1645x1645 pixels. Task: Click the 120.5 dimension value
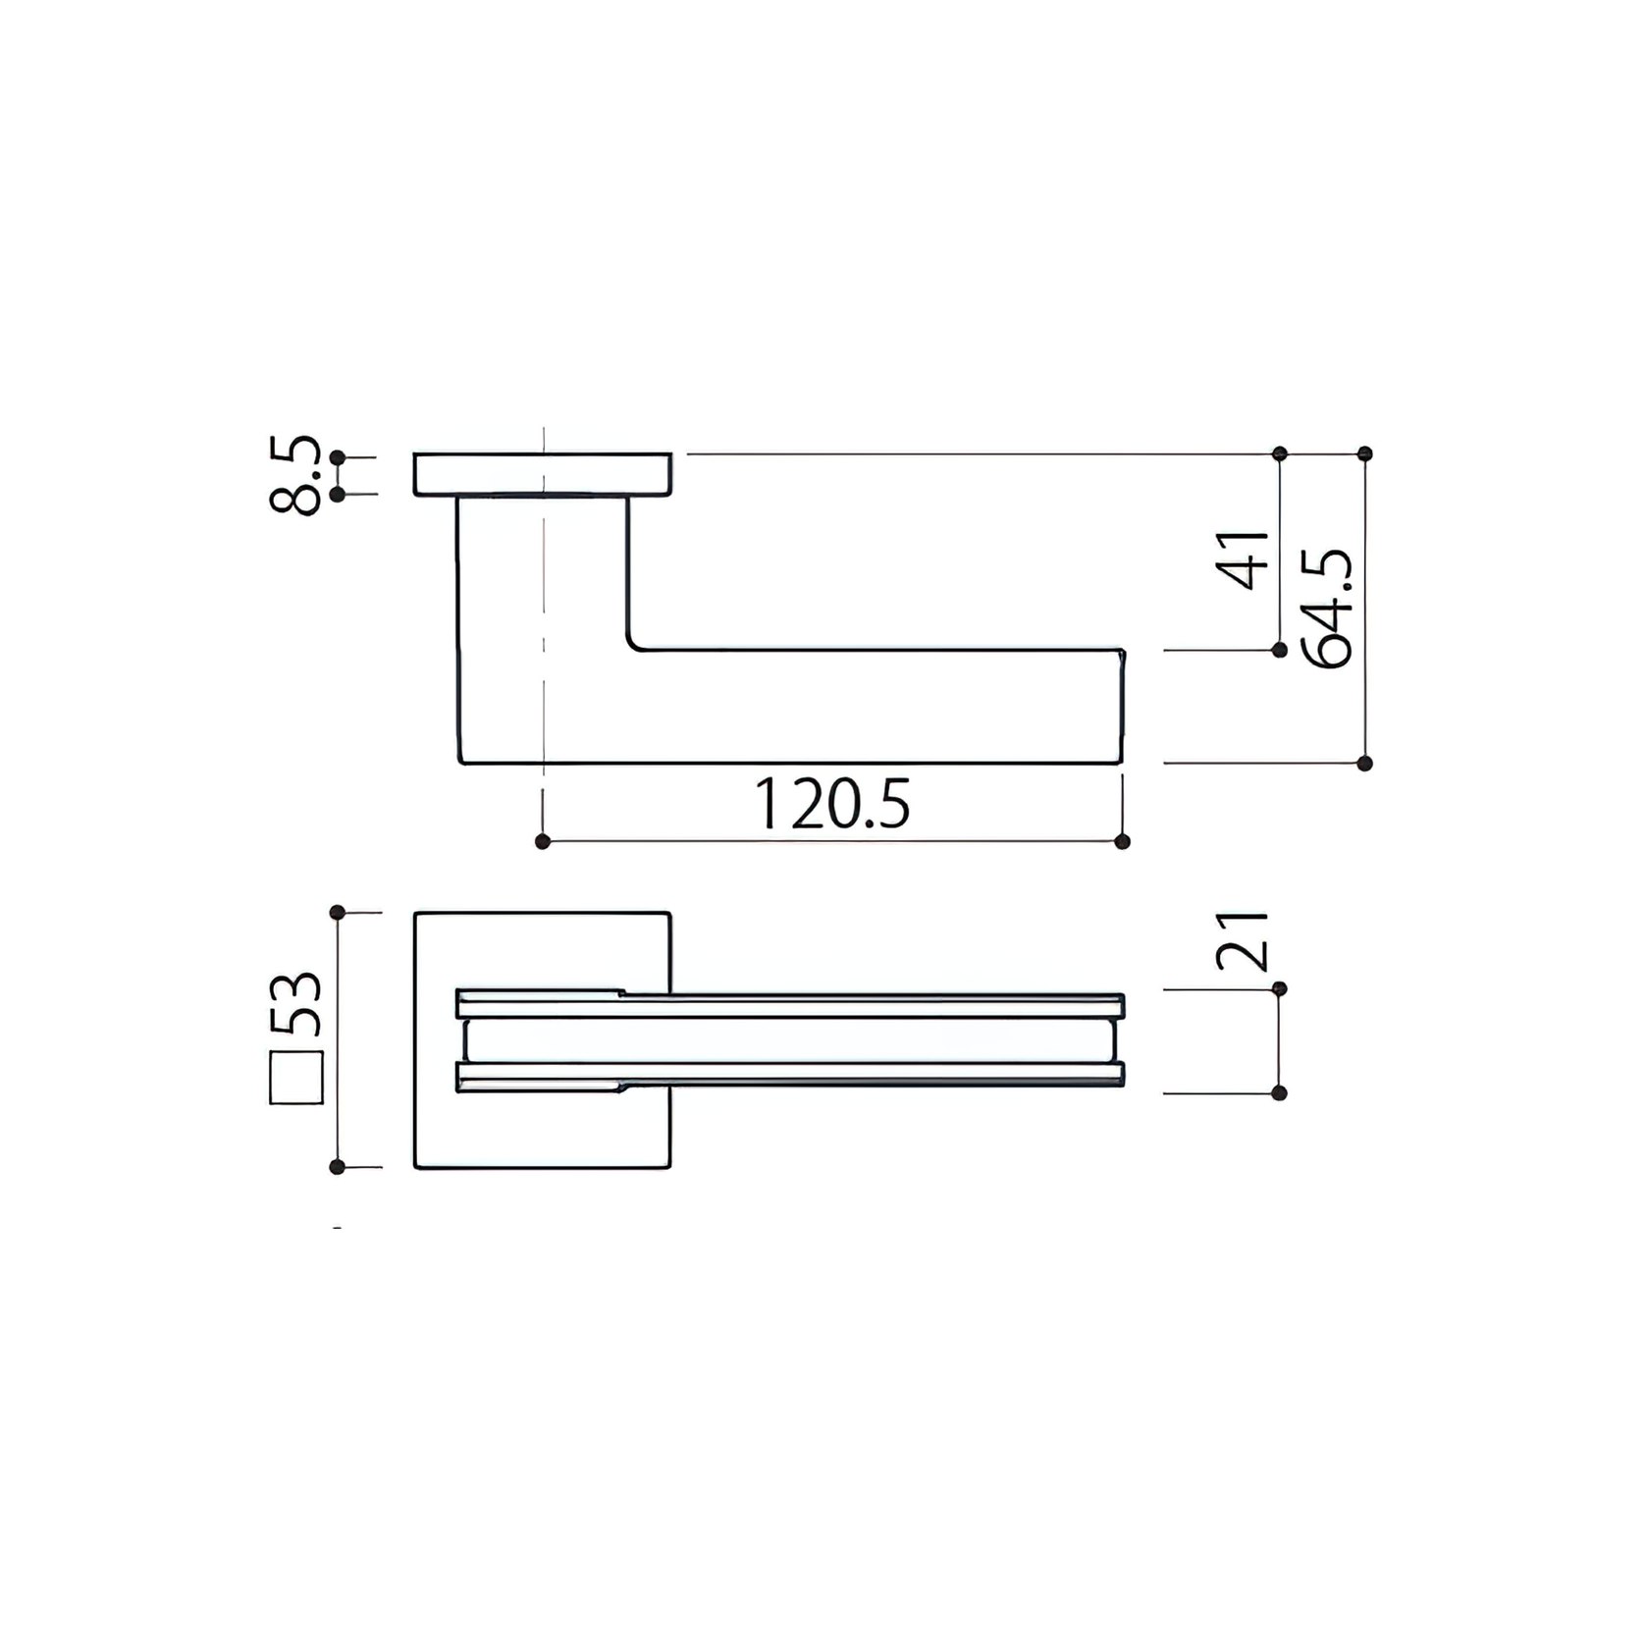(x=832, y=804)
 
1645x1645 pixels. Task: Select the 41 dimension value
(x=1243, y=560)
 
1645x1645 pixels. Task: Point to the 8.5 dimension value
(x=294, y=475)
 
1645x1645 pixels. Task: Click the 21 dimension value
(x=1243, y=941)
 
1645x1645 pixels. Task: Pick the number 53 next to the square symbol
(x=295, y=1004)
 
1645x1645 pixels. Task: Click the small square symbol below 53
(x=296, y=1078)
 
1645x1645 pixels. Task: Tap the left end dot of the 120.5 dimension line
(x=543, y=841)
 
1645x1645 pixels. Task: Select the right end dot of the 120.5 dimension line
(x=1124, y=841)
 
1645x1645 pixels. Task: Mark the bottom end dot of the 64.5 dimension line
(x=1364, y=763)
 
